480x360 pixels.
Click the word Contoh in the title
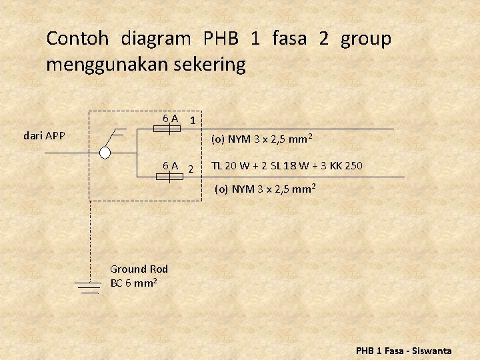pos(78,39)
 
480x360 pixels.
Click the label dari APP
pos(44,135)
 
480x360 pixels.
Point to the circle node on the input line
pos(105,153)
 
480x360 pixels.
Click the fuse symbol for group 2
pos(169,177)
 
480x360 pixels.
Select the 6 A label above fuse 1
pos(170,119)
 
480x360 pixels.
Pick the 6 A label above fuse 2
pos(170,165)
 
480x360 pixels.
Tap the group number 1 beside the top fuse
pos(192,121)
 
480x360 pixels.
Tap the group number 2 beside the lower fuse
pos(191,167)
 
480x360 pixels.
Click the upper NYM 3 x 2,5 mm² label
pos(262,139)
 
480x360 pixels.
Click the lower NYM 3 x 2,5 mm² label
pos(265,189)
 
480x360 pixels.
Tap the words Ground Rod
pos(139,269)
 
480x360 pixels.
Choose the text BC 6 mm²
pos(133,282)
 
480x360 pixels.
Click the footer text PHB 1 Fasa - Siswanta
pos(404,350)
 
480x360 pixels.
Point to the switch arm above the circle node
pos(114,137)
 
